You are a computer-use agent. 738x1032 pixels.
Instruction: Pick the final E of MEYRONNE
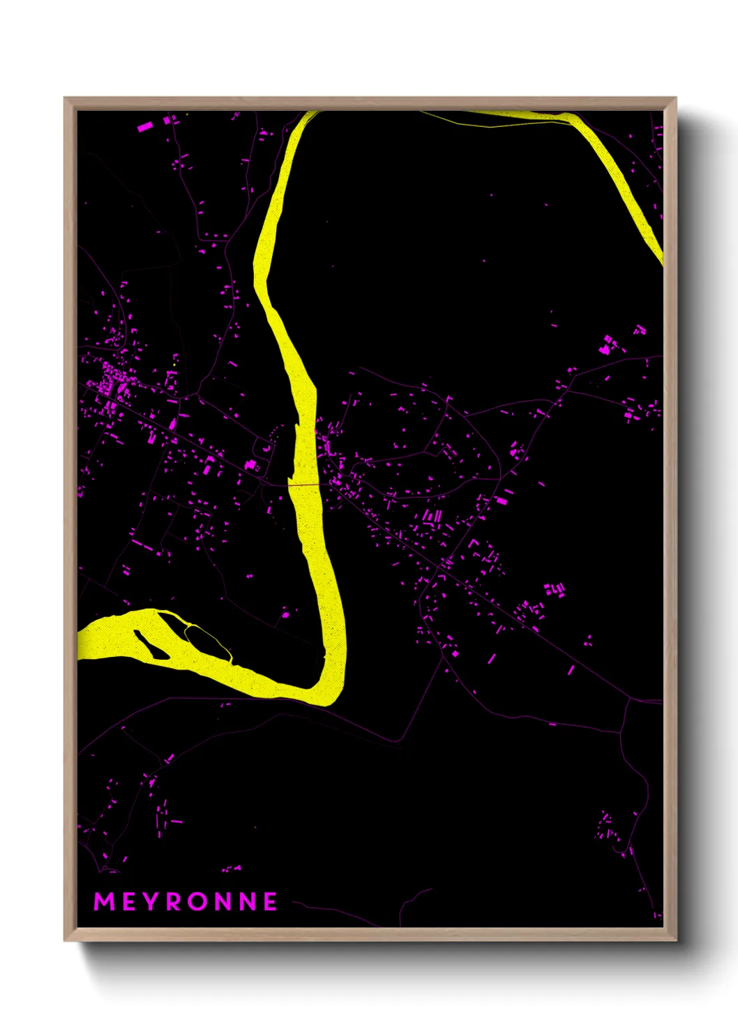[x=270, y=902]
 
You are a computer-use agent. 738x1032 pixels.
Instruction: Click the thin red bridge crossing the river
[x=304, y=484]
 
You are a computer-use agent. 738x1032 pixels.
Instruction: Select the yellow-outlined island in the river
[x=207, y=639]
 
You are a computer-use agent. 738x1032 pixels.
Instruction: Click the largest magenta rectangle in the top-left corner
[x=145, y=127]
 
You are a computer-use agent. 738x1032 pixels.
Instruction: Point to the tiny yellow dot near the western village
[x=173, y=364]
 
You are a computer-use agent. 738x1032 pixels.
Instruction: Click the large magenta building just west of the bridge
[x=250, y=464]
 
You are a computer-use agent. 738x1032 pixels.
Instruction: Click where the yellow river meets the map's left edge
[x=80, y=642]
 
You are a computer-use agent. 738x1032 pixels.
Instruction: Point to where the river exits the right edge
[x=659, y=255]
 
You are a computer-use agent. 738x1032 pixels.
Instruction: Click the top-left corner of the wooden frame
[x=66, y=99]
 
